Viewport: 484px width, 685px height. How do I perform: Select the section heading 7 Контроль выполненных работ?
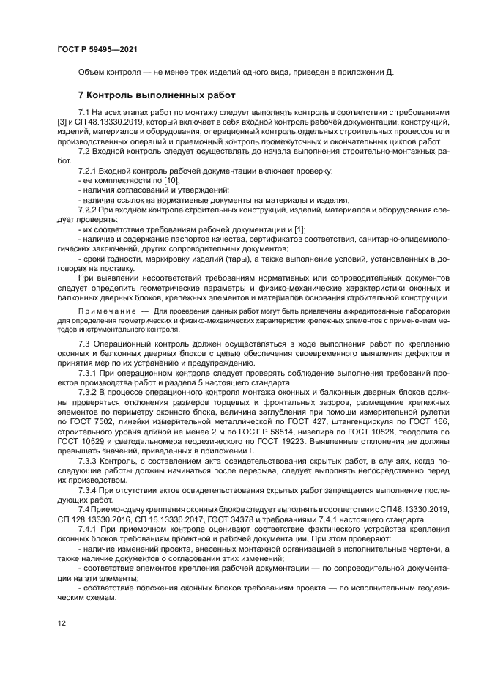[157, 95]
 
